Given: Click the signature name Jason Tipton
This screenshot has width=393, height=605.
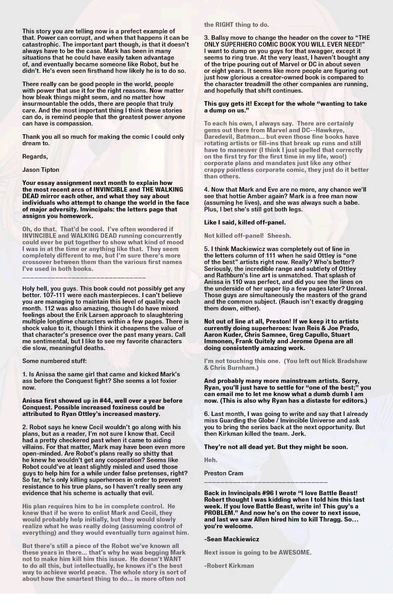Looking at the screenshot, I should click(x=41, y=170).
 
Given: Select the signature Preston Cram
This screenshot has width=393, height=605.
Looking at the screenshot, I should click(x=224, y=473).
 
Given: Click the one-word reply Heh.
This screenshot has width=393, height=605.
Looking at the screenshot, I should click(x=210, y=460).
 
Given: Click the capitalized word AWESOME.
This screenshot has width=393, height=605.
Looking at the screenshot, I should click(x=295, y=552).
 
